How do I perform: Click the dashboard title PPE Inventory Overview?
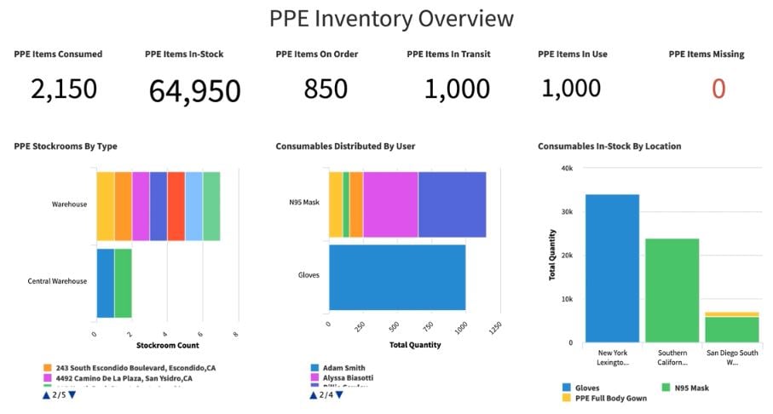click(x=391, y=18)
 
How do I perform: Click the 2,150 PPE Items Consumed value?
click(x=64, y=89)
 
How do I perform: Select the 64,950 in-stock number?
click(x=194, y=90)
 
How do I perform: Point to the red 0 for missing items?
click(x=718, y=89)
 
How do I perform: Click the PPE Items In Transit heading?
click(x=448, y=55)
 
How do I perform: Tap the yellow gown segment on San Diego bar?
click(x=731, y=314)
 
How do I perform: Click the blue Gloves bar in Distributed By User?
click(x=397, y=277)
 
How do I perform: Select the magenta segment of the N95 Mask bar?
click(x=390, y=204)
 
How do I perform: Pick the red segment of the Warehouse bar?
click(x=176, y=206)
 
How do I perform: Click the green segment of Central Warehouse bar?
click(x=123, y=283)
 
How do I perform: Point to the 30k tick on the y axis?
click(x=566, y=212)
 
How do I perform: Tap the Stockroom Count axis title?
click(x=167, y=345)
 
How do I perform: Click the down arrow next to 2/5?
click(x=72, y=394)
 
